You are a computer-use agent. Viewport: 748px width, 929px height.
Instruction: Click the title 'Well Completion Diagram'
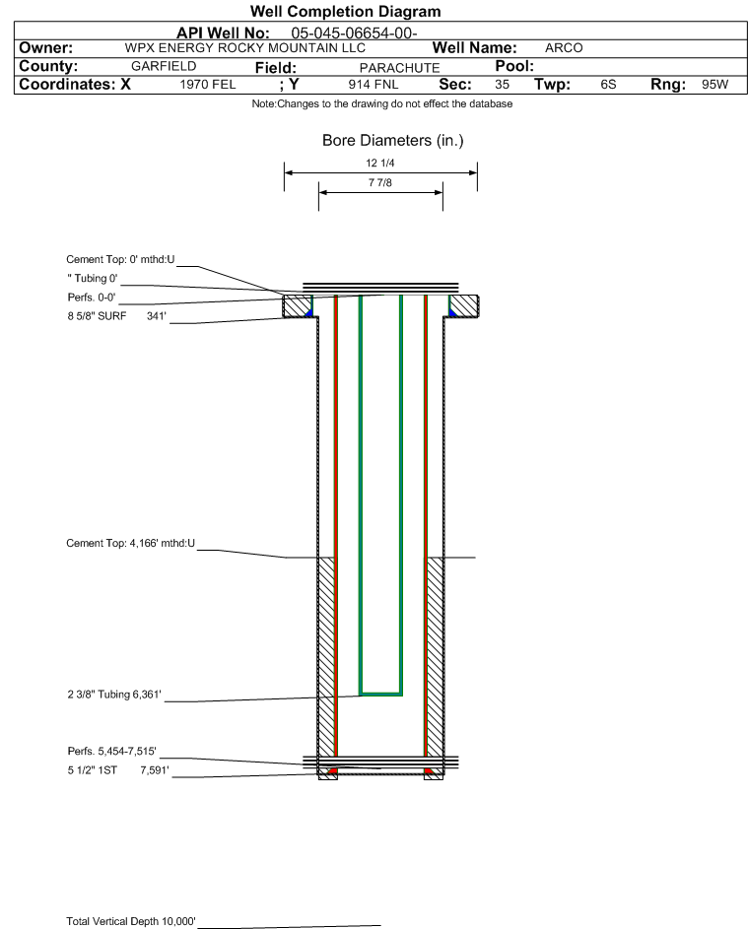coord(345,11)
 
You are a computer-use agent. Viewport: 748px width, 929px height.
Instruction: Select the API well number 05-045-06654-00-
coord(354,33)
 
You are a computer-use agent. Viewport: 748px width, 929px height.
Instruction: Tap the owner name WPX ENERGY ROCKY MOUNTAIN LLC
coord(244,48)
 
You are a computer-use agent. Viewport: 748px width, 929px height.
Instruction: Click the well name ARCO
coord(564,48)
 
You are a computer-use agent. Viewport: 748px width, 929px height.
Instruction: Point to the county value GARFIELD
coord(164,66)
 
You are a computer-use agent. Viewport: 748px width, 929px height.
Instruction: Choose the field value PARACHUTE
coord(399,68)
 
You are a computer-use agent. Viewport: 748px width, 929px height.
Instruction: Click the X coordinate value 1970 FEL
coord(207,84)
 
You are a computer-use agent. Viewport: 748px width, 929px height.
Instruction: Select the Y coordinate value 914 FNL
coord(374,84)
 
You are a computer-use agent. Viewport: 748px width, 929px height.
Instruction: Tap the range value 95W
coord(714,84)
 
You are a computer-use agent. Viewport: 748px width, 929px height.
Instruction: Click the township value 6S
coord(608,84)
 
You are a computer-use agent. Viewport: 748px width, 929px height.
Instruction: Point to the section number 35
coord(502,84)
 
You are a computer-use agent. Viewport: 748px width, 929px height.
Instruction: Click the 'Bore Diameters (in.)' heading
coord(393,141)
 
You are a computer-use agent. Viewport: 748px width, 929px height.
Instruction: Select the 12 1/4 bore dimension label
coord(380,163)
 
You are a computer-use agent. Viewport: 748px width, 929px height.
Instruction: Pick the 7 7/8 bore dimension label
coord(380,182)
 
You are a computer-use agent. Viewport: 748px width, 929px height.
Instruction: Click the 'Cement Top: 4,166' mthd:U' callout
coord(130,543)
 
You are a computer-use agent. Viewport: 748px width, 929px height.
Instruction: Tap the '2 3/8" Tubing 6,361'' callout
coord(114,694)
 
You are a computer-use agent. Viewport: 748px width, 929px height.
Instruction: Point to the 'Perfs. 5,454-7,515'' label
coord(112,751)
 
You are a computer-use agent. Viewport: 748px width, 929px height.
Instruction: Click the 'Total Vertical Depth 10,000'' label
coord(131,921)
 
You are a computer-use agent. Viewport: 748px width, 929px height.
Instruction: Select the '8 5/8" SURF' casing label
coord(97,316)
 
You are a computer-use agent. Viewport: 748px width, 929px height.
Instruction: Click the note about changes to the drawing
coord(382,103)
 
